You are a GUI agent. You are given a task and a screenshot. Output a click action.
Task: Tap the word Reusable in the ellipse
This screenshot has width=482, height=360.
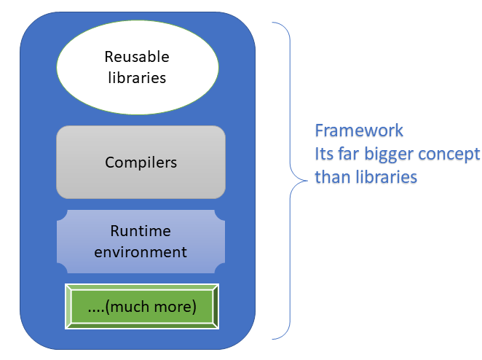[x=137, y=57]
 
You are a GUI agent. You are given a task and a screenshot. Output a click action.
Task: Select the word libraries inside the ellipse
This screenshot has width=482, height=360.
[x=137, y=77]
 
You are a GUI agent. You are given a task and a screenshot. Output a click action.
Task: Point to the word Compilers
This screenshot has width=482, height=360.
[x=141, y=162]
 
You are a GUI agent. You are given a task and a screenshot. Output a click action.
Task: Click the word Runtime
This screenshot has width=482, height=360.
[x=141, y=232]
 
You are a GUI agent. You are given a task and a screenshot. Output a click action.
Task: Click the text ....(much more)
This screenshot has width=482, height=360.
[x=141, y=307]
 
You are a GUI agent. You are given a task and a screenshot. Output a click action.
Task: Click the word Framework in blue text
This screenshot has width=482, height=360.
[x=359, y=131]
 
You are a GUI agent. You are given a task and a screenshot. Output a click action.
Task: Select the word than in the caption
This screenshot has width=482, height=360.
[x=330, y=176]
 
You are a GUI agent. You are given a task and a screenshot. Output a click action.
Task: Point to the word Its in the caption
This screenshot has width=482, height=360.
[x=324, y=154]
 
